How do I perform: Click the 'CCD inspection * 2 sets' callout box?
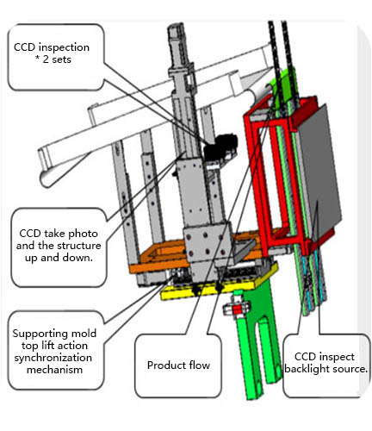[x=55, y=57]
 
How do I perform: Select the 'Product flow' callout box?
[x=178, y=365]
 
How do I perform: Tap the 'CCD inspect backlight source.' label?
[x=325, y=363]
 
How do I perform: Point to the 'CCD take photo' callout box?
[x=59, y=247]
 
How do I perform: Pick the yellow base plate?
[x=218, y=287]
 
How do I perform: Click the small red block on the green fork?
[x=237, y=309]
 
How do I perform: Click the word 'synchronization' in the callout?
[x=53, y=358]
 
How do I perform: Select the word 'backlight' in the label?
[x=304, y=369]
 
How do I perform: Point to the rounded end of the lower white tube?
[x=46, y=179]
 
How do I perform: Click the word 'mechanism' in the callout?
[x=54, y=370]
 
